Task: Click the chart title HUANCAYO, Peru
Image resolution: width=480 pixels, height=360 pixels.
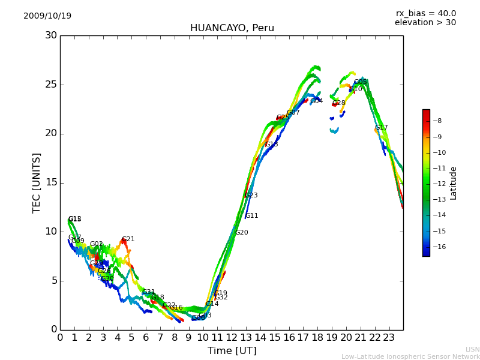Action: click(232, 28)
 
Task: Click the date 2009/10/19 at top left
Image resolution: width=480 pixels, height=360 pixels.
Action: click(47, 16)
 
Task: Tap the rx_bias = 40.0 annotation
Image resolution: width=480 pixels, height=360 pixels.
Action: click(425, 14)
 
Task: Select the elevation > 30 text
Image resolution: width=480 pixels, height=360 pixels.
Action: click(425, 23)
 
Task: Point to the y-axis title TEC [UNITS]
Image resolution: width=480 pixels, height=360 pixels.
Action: click(37, 182)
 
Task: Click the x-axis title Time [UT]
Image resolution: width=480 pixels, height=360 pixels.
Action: click(232, 351)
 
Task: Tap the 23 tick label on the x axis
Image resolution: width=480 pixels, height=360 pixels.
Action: click(389, 337)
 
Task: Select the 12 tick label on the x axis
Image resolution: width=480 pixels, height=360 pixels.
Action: click(232, 337)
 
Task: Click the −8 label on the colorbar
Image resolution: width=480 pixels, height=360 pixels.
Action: click(437, 121)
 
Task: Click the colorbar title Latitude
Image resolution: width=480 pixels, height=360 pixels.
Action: click(454, 183)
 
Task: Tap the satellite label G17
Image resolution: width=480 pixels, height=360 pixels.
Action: click(382, 128)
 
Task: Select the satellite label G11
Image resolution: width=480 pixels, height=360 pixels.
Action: click(252, 216)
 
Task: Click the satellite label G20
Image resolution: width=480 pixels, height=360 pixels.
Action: click(241, 233)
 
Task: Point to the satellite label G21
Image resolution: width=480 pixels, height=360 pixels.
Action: click(128, 239)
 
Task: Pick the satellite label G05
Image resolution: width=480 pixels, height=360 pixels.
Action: click(361, 82)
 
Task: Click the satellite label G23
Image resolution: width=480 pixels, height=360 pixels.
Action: click(251, 196)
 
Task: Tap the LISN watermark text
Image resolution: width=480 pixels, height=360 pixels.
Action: click(472, 349)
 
